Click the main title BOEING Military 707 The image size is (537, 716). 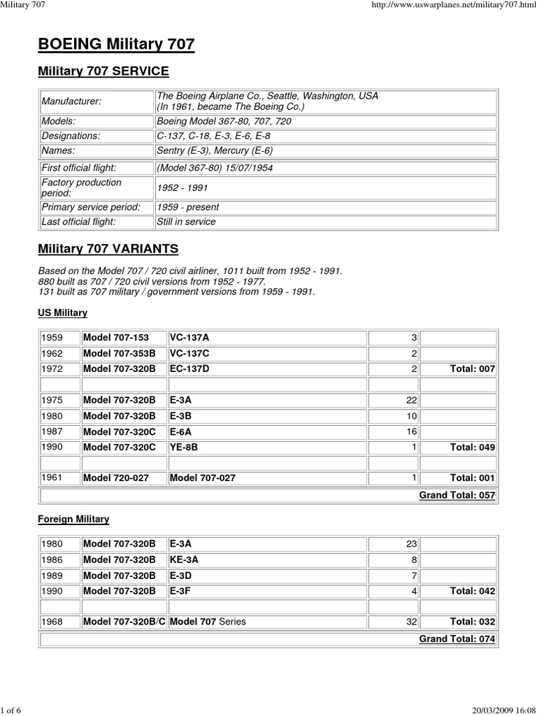(115, 45)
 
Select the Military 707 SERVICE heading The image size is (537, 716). (103, 71)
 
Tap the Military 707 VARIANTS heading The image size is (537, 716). (108, 249)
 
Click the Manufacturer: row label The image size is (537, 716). (70, 101)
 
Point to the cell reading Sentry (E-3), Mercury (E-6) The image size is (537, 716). (215, 150)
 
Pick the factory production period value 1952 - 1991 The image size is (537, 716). (183, 188)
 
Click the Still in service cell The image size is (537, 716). (186, 222)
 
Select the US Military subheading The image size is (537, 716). (63, 313)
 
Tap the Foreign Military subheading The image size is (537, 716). (73, 520)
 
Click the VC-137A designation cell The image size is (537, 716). (189, 338)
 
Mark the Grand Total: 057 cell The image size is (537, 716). (457, 495)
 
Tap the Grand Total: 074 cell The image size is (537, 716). (457, 639)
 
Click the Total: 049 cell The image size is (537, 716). (472, 447)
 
